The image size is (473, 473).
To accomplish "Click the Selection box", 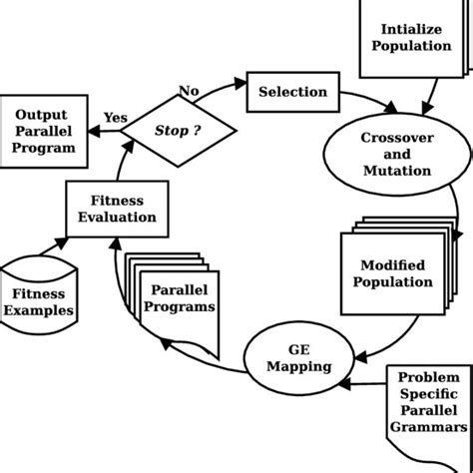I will coord(292,92).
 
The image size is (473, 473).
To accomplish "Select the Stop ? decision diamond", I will coord(179,130).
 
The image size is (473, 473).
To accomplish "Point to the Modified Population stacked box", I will coord(394,272).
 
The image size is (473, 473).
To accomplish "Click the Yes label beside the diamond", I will coord(116,118).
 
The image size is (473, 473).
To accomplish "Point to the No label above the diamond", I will coord(189,91).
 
